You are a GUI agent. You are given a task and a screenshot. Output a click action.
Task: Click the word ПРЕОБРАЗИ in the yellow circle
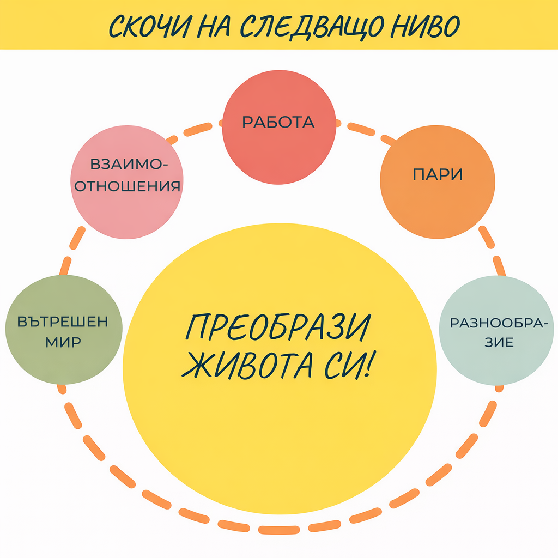(278, 327)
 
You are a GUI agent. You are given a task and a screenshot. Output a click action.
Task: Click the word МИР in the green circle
(63, 343)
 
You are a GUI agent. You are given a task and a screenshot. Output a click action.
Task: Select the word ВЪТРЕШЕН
(63, 321)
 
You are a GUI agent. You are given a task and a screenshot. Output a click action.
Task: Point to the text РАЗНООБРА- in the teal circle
(496, 323)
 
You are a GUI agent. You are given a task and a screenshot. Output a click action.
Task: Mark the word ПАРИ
(438, 175)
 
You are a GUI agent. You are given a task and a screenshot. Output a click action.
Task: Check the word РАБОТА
(278, 122)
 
